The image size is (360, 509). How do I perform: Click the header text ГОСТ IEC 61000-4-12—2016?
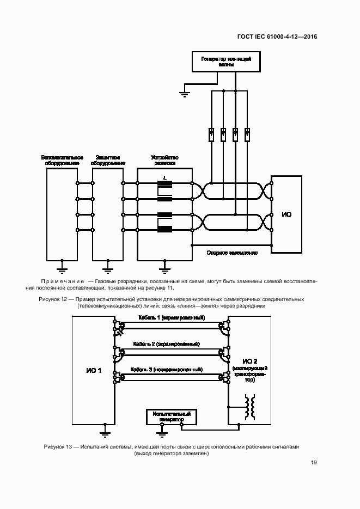click(277, 37)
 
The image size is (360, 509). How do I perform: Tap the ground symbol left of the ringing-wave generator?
click(184, 94)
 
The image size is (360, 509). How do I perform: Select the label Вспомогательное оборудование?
click(62, 160)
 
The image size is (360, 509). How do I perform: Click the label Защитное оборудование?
click(107, 160)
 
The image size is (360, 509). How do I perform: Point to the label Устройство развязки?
click(164, 160)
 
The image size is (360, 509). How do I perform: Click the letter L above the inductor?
click(164, 177)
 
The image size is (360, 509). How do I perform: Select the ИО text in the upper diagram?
click(286, 214)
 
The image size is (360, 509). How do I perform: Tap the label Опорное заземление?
click(232, 253)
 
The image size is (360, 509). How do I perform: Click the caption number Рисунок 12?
click(53, 299)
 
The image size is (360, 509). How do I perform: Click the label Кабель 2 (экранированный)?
click(166, 344)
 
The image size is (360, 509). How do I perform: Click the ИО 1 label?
click(94, 370)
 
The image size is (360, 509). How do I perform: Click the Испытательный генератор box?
click(171, 416)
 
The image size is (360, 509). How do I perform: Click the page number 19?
click(314, 463)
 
